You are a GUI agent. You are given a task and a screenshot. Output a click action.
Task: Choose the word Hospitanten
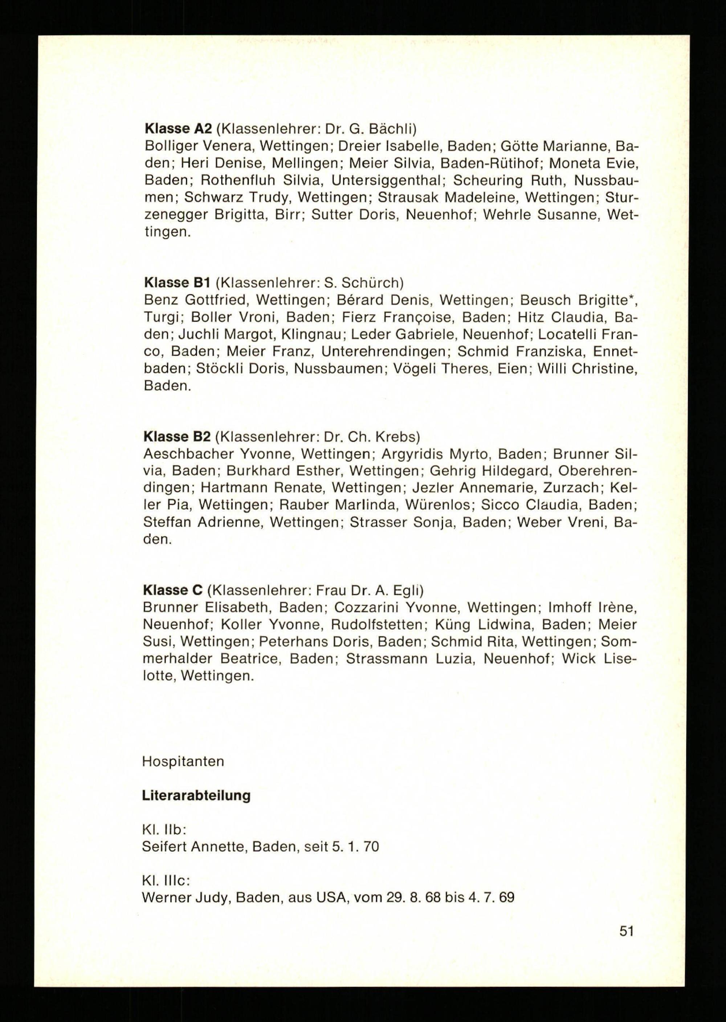[x=183, y=761]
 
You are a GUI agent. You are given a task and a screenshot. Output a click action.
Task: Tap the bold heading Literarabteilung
[x=196, y=796]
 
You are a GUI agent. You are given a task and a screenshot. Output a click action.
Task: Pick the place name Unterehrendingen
[x=384, y=352]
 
